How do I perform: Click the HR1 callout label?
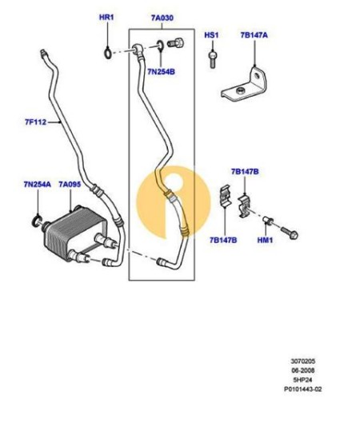tap(106, 18)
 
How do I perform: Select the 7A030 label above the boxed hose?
tap(162, 18)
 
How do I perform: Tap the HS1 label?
tap(211, 35)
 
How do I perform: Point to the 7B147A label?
tap(254, 35)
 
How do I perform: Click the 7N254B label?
tap(161, 72)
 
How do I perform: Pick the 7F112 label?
tap(36, 122)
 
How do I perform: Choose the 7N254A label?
tap(38, 184)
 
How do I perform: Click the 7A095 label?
tap(70, 184)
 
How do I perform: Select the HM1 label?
tap(265, 240)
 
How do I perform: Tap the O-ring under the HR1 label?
tap(107, 53)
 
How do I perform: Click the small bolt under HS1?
tap(213, 59)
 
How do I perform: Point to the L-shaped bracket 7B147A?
tap(244, 85)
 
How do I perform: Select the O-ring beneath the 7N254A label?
tap(36, 221)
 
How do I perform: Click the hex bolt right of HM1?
tap(290, 233)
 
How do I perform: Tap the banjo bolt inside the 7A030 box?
tap(175, 43)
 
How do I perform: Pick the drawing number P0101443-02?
tap(302, 389)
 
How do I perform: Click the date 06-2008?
tap(302, 370)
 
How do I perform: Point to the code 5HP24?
tap(302, 380)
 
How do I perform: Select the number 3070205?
tap(302, 361)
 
